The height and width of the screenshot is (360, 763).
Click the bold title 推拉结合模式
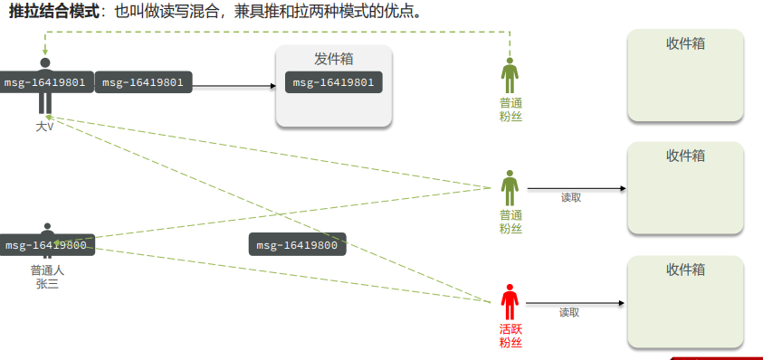pyautogui.click(x=53, y=13)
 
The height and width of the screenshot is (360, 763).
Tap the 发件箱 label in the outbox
pyautogui.click(x=333, y=59)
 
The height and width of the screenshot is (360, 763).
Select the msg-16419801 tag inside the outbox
pyautogui.click(x=333, y=82)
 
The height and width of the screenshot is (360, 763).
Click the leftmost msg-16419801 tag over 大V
pyautogui.click(x=45, y=82)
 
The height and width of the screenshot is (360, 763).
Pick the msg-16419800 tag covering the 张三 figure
pyautogui.click(x=45, y=245)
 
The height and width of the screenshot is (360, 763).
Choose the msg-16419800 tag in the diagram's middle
pyautogui.click(x=297, y=245)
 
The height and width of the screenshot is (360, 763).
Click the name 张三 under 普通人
pyautogui.click(x=47, y=284)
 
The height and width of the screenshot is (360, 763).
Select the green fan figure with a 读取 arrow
pyautogui.click(x=510, y=187)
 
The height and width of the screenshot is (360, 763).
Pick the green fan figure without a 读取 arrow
pyautogui.click(x=510, y=75)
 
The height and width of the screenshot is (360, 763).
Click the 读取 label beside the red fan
pyautogui.click(x=568, y=313)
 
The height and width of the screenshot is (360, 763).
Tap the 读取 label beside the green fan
pyautogui.click(x=570, y=197)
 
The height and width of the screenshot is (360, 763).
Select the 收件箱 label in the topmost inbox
pyautogui.click(x=685, y=43)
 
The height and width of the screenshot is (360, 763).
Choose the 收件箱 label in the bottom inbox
pyautogui.click(x=685, y=270)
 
